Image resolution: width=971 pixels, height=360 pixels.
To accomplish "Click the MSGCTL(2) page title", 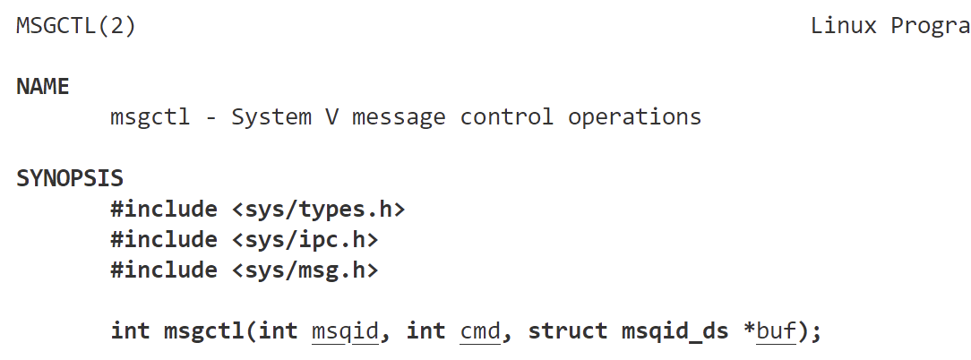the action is [76, 26].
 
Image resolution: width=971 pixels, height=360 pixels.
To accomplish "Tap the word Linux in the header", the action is [843, 26].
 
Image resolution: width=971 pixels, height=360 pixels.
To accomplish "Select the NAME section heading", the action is [42, 87].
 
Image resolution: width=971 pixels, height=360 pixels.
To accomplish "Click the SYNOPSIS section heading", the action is [69, 178].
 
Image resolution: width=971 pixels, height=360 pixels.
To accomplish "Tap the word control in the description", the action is [507, 117].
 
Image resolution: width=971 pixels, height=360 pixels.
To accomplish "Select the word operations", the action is [634, 117].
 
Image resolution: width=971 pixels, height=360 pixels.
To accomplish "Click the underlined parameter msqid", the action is [345, 331].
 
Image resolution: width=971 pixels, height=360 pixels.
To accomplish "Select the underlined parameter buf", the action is [776, 331].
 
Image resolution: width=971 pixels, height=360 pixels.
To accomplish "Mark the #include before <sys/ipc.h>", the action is [164, 240].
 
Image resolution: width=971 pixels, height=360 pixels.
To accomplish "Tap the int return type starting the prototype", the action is [130, 331].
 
